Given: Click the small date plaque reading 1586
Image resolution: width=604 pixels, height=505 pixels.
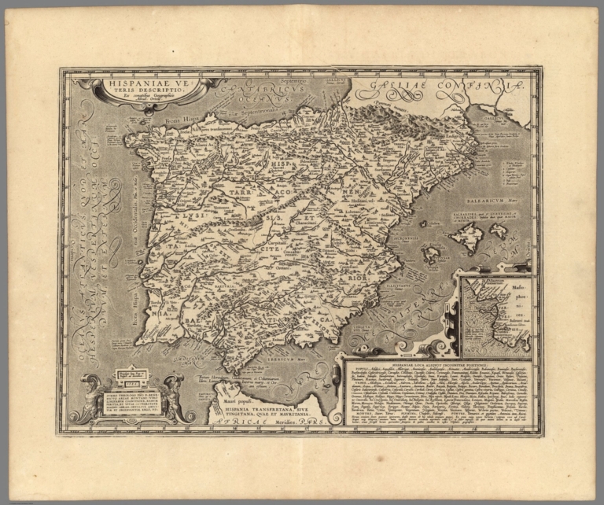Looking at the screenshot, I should [x=131, y=375].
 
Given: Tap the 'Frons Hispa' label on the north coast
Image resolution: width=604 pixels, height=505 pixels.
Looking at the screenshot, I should [x=180, y=122].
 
